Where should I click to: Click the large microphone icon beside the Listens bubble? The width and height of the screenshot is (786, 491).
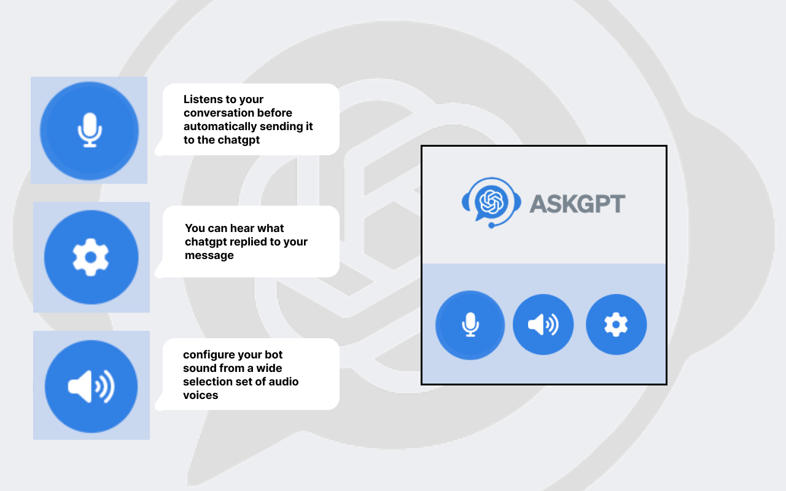point(90,130)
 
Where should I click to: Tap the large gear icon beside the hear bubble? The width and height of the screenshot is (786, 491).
point(91,257)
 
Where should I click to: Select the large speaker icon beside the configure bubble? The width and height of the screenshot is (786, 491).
point(91,386)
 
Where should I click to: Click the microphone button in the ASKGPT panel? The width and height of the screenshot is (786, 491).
point(470,325)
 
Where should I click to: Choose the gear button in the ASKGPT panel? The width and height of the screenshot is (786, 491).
point(616,325)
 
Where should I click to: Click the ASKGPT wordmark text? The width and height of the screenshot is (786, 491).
point(577,204)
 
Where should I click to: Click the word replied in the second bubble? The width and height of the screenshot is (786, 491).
point(260,242)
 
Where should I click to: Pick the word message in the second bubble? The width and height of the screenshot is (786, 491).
point(209,255)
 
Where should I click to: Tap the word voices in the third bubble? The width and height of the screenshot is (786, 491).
point(200,395)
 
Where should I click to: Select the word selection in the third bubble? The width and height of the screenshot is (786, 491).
point(207,382)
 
